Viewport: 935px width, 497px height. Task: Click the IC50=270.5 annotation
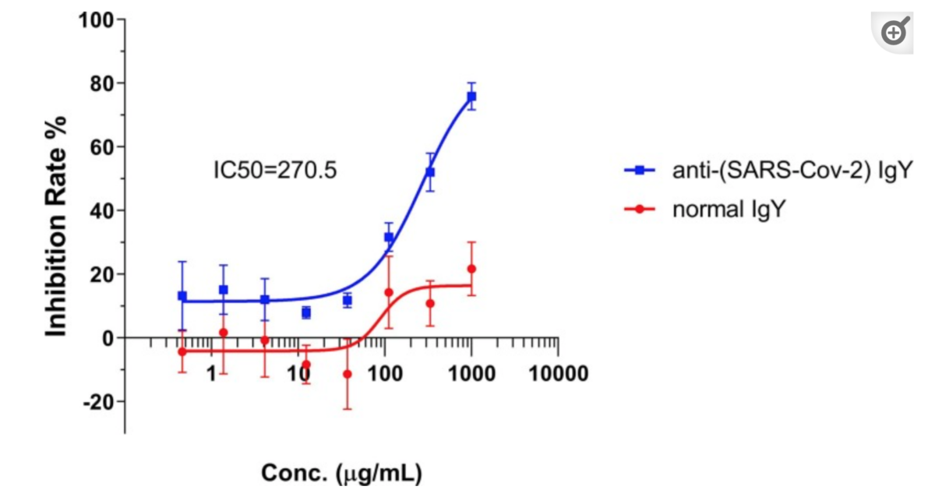tap(275, 169)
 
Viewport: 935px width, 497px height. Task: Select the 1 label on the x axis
tap(212, 374)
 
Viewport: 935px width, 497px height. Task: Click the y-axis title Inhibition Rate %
tap(56, 226)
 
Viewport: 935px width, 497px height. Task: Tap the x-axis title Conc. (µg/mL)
tap(341, 473)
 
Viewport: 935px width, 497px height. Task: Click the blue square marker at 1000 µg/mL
tap(471, 97)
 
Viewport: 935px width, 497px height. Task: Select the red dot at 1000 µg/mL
tap(471, 269)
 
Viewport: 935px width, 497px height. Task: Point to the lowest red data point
tap(347, 375)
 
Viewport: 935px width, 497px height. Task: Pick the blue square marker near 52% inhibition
tap(430, 171)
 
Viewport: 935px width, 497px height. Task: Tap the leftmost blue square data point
tap(182, 296)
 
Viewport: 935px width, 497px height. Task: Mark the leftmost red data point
tap(182, 352)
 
